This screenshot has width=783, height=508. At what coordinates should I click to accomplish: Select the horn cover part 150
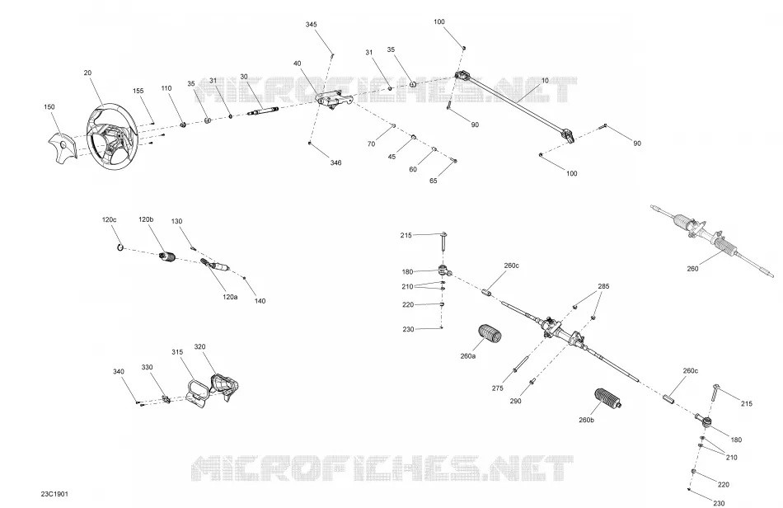[x=63, y=148]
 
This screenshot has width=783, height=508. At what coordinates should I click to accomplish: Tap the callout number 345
[x=311, y=25]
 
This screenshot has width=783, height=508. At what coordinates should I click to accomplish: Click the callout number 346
[x=336, y=162]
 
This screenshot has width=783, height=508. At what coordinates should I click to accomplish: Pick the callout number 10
[x=545, y=81]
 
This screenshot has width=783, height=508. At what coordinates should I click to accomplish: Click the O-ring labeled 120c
[x=120, y=247]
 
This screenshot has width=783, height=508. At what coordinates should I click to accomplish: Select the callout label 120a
[x=230, y=297]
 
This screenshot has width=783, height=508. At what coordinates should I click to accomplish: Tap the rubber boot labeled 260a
[x=490, y=334]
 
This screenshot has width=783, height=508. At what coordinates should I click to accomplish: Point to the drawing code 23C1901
[x=55, y=494]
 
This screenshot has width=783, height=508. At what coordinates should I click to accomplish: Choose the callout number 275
[x=497, y=388]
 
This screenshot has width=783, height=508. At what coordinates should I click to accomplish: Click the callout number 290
[x=515, y=401]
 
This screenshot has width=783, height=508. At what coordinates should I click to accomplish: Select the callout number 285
[x=603, y=286]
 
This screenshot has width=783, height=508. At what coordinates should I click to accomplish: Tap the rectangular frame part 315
[x=198, y=390]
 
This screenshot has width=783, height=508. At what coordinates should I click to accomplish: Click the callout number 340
[x=119, y=372]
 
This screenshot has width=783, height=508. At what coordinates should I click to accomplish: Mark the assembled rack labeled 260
[x=714, y=240]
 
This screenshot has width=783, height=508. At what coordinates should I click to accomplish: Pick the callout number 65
[x=434, y=181]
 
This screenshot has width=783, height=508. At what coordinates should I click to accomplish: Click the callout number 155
[x=138, y=91]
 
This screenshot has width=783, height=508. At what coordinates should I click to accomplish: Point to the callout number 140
[x=260, y=301]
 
